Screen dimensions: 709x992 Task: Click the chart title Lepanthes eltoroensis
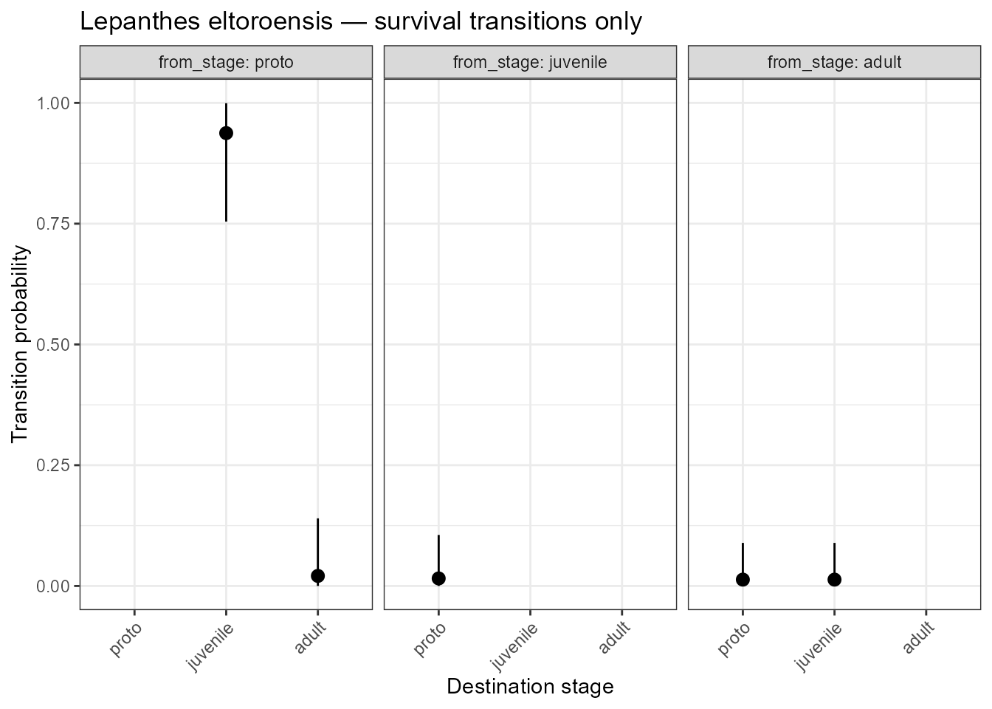[360, 21]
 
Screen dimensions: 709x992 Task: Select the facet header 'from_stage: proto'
[226, 62]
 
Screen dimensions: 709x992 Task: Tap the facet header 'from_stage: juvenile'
[530, 62]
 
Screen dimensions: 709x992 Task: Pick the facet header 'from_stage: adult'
[834, 62]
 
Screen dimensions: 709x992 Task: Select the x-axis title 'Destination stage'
[530, 687]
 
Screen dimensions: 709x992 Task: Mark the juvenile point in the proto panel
[226, 133]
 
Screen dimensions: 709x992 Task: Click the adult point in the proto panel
[317, 576]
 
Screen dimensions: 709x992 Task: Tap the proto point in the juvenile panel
[438, 578]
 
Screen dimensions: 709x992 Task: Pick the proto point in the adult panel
[743, 580]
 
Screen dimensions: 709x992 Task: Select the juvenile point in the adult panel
[834, 580]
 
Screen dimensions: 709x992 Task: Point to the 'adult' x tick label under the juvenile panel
[614, 637]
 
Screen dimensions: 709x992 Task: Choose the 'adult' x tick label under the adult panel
[918, 637]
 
